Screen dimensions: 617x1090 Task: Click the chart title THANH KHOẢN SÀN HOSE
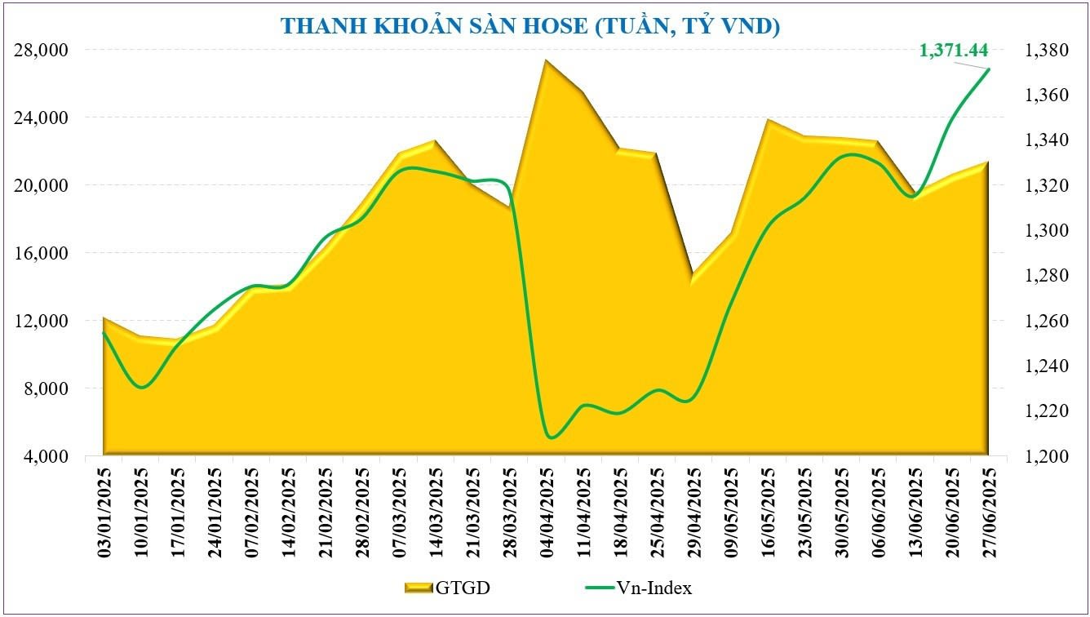[530, 26]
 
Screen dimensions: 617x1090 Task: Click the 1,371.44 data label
[953, 51]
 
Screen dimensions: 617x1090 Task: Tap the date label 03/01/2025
[104, 512]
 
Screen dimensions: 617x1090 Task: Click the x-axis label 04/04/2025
[547, 512]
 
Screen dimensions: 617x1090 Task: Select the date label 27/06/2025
[990, 512]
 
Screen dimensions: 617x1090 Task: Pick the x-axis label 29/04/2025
[694, 512]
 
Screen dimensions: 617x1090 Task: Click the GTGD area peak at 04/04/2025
[546, 60]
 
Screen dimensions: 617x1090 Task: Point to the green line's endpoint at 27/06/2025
[989, 69]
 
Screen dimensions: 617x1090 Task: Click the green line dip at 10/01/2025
[141, 387]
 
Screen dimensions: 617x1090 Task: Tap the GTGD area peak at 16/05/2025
[768, 120]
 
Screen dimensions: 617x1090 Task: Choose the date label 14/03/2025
[436, 512]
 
